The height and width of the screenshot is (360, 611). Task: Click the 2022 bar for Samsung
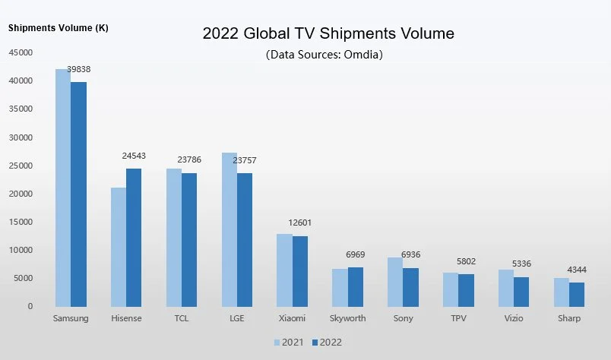click(x=78, y=194)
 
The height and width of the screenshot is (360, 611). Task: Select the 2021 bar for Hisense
click(x=119, y=247)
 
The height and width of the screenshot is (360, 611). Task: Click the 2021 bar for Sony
click(x=394, y=282)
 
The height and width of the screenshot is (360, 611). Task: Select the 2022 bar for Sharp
click(x=577, y=294)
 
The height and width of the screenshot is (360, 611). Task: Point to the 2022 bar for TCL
click(x=189, y=239)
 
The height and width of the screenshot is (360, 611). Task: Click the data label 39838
click(x=78, y=69)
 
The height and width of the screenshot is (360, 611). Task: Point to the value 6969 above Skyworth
click(x=355, y=254)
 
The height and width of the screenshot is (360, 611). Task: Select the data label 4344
click(x=577, y=270)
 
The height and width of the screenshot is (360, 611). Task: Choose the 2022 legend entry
click(x=324, y=343)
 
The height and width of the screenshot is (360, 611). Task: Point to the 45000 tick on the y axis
click(x=21, y=52)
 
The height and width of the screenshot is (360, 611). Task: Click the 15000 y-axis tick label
click(x=21, y=222)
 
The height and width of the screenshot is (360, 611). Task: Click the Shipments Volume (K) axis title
click(x=58, y=28)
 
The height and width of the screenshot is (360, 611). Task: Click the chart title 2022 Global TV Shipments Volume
click(x=328, y=34)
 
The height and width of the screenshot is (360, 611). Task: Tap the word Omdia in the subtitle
click(x=363, y=55)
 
